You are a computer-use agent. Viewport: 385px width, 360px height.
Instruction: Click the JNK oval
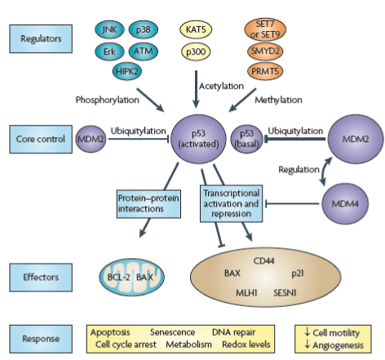pyautogui.click(x=109, y=29)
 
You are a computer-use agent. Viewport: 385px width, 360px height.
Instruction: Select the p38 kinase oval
pyautogui.click(x=144, y=29)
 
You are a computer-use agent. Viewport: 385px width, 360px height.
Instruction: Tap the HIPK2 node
pyautogui.click(x=127, y=72)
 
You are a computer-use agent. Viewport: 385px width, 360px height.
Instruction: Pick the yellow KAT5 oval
pyautogui.click(x=196, y=29)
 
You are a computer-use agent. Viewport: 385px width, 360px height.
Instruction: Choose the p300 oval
pyautogui.click(x=196, y=51)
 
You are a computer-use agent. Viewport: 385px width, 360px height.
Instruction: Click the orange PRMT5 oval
pyautogui.click(x=265, y=71)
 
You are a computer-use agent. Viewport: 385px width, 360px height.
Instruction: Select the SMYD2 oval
pyautogui.click(x=265, y=51)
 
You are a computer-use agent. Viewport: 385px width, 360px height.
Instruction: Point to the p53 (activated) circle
pyautogui.click(x=198, y=139)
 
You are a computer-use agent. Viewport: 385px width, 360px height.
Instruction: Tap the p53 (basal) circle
pyautogui.click(x=246, y=139)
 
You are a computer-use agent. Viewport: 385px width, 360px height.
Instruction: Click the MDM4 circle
pyautogui.click(x=345, y=203)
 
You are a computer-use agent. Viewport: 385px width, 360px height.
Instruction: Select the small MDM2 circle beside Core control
pyautogui.click(x=91, y=139)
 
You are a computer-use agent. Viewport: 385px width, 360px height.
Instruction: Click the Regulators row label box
pyautogui.click(x=41, y=38)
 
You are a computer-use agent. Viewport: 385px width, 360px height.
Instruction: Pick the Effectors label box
pyautogui.click(x=41, y=278)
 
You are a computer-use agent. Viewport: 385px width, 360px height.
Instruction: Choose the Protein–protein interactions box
pyautogui.click(x=148, y=204)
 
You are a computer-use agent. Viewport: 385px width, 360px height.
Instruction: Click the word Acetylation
pyautogui.click(x=221, y=87)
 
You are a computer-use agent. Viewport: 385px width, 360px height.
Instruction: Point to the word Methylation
pyautogui.click(x=278, y=100)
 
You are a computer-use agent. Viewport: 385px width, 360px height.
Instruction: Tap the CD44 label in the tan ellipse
pyautogui.click(x=263, y=261)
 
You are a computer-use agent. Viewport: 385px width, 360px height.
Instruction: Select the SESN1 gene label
pyautogui.click(x=285, y=293)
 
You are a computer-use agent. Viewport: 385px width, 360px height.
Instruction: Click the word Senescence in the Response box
pyautogui.click(x=172, y=332)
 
